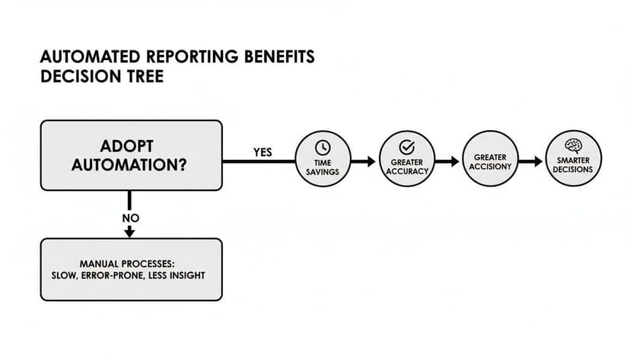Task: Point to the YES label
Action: (x=262, y=152)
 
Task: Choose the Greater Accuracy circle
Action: (x=406, y=161)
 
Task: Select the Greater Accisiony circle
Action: (x=490, y=161)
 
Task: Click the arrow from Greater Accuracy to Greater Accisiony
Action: (x=447, y=161)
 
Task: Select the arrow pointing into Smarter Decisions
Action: (x=531, y=161)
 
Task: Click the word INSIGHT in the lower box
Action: (x=187, y=276)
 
